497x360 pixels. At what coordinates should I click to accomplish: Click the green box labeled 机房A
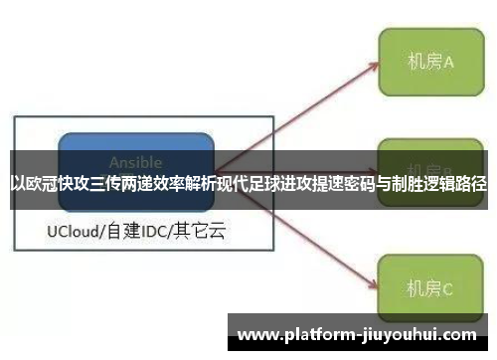pyautogui.click(x=429, y=62)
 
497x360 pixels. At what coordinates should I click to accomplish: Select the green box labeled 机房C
pyautogui.click(x=429, y=288)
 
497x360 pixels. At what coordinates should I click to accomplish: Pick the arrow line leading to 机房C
pyautogui.click(x=298, y=229)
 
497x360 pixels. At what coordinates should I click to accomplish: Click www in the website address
pyautogui.click(x=257, y=334)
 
